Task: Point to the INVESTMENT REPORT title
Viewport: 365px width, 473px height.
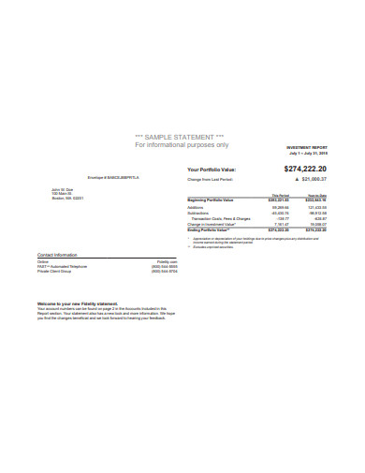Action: tap(307, 148)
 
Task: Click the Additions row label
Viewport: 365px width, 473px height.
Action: tap(196, 207)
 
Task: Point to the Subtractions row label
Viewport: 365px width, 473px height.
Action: tap(198, 213)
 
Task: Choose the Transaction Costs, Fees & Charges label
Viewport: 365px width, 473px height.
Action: tap(219, 218)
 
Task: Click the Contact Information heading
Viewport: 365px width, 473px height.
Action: tap(57, 255)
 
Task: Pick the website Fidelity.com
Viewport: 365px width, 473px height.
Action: tap(167, 262)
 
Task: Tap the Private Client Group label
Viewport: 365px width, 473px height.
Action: tap(55, 273)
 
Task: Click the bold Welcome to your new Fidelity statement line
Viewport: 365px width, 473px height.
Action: tap(78, 303)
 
